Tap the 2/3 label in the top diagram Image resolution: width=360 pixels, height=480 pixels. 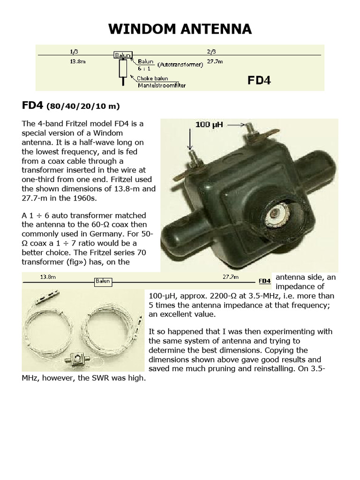212,49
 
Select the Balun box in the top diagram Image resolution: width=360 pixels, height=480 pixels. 122,55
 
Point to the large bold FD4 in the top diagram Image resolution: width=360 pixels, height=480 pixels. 259,81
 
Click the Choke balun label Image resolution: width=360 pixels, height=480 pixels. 152,78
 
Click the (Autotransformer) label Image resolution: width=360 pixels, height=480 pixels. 180,64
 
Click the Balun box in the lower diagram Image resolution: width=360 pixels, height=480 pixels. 103,281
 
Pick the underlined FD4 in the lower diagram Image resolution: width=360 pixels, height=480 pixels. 265,281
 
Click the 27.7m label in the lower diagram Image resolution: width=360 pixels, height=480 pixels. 231,277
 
